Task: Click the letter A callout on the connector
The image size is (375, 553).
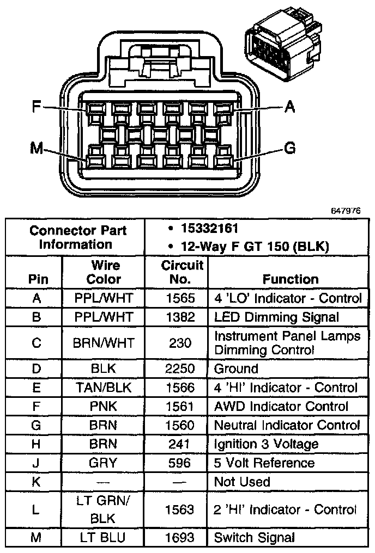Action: point(290,108)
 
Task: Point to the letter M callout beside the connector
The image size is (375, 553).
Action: point(37,148)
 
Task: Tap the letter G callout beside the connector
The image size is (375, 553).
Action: point(291,148)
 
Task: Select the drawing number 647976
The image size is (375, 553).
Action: point(345,210)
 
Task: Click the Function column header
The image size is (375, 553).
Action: point(290,279)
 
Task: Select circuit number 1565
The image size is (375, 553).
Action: point(180,298)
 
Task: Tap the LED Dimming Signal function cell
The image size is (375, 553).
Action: point(276,317)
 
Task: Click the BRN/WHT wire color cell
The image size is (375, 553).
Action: point(104,343)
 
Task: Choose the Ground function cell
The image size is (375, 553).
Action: point(236,368)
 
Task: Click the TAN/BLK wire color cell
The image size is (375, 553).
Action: point(104,388)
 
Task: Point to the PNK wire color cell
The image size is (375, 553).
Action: point(104,406)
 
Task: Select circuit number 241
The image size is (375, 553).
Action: point(180,444)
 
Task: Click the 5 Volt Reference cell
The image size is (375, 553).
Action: point(264,463)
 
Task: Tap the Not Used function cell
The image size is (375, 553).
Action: point(242,482)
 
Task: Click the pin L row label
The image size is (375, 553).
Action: point(37,509)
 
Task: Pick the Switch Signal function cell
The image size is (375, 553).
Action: point(254,538)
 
